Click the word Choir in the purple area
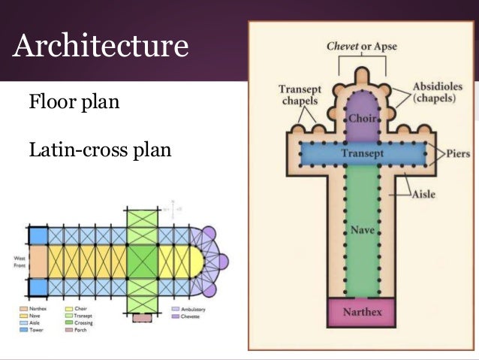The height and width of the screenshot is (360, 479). pyautogui.click(x=362, y=119)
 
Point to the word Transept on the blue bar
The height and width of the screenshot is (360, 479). pyautogui.click(x=362, y=153)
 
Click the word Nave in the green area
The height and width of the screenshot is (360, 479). pyautogui.click(x=362, y=228)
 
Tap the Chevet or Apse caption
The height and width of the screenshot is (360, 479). pyautogui.click(x=361, y=47)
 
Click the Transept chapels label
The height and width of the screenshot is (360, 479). pyautogui.click(x=299, y=95)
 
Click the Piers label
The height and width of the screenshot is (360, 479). pyautogui.click(x=457, y=153)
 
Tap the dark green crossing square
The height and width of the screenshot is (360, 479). pyautogui.click(x=142, y=263)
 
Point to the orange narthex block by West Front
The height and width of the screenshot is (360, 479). pyautogui.click(x=38, y=263)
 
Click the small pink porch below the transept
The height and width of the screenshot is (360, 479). pyautogui.click(x=141, y=319)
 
